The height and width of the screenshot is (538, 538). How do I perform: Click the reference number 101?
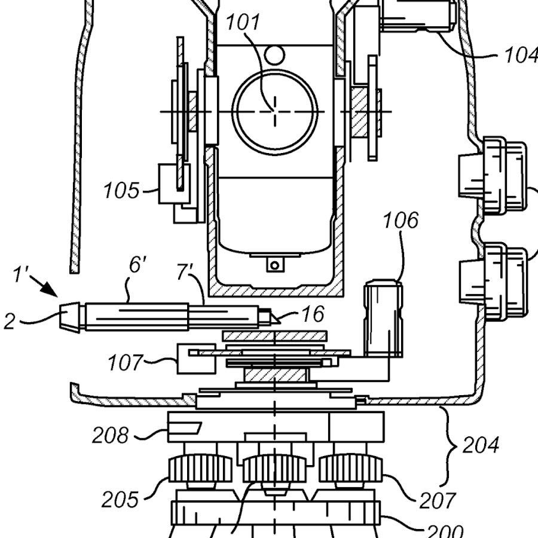pos(243,23)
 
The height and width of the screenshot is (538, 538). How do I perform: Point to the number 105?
pos(122,191)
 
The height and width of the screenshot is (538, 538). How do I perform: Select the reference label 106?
pos(401,220)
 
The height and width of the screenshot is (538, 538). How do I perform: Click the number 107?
pos(126,363)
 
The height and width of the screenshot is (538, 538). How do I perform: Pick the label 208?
pos(111,435)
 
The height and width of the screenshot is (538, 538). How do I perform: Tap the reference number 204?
pos(481,445)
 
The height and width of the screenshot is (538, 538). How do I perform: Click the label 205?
pos(120,499)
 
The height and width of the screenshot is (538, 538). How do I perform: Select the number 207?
pos(438,501)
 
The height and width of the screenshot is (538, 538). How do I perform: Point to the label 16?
pos(313,314)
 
